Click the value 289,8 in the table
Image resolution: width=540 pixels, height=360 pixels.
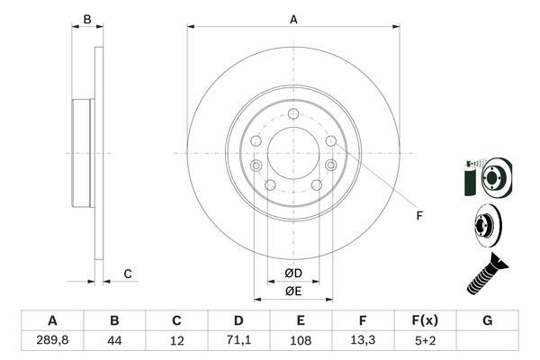pyautogui.click(x=52, y=341)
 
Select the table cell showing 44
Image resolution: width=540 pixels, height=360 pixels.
pyautogui.click(x=114, y=341)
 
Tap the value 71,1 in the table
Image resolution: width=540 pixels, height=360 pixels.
pyautogui.click(x=238, y=341)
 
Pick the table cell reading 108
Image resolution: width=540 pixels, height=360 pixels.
pyautogui.click(x=301, y=341)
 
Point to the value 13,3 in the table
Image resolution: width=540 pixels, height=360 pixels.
pyautogui.click(x=363, y=341)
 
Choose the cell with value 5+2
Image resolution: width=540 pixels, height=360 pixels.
pyautogui.click(x=425, y=341)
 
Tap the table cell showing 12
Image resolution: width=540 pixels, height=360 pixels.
pyautogui.click(x=176, y=341)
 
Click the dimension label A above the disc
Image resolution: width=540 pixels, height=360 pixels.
pyautogui.click(x=293, y=18)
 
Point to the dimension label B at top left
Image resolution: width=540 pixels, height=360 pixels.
pyautogui.click(x=87, y=19)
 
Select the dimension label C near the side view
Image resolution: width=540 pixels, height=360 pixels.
pyautogui.click(x=128, y=274)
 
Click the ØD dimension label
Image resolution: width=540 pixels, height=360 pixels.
pyautogui.click(x=293, y=274)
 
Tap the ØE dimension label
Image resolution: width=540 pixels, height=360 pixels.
pyautogui.click(x=293, y=291)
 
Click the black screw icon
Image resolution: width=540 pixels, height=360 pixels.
pyautogui.click(x=483, y=274)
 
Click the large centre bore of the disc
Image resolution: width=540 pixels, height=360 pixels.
pyautogui.click(x=293, y=151)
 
